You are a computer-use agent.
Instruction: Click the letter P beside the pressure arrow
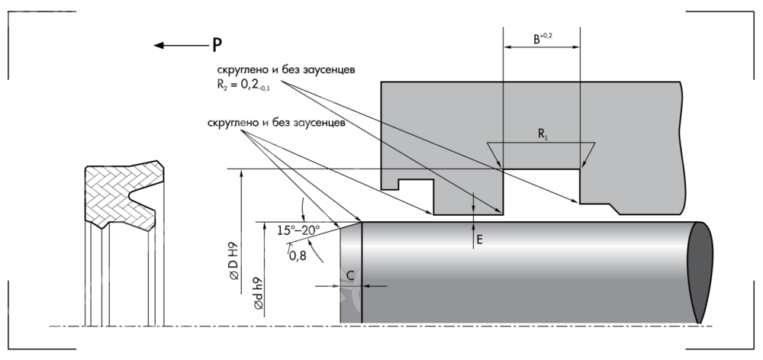tap(217, 45)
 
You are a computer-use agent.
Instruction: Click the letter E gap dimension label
tap(479, 239)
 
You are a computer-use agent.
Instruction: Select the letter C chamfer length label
tap(350, 275)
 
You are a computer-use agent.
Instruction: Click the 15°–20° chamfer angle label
tap(298, 229)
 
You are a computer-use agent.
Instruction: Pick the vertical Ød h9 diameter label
tap(259, 294)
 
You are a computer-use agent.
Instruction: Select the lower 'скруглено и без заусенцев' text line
tap(276, 121)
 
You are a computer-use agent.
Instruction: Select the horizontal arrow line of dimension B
tap(541, 47)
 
